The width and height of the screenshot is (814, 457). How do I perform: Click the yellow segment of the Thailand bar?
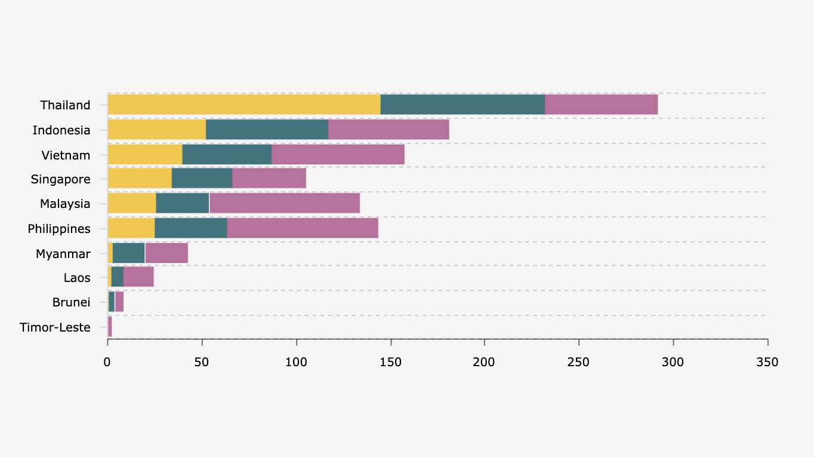pos(244,105)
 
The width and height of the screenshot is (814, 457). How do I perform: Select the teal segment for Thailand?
pos(462,105)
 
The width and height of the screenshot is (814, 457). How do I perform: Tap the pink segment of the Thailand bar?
pos(601,105)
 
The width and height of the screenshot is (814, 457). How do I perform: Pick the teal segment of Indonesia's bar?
pos(267,130)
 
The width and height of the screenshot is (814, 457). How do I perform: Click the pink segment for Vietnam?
pos(338,155)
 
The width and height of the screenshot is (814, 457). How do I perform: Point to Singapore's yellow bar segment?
pos(140,179)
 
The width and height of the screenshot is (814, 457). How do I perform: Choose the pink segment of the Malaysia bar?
pos(285,203)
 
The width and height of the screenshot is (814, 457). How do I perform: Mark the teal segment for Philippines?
pos(191,228)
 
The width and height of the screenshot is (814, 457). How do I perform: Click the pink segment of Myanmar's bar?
pos(166,253)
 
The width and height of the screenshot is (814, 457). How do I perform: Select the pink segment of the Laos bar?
pos(138,277)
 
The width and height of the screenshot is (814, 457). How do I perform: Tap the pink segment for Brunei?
pos(119,302)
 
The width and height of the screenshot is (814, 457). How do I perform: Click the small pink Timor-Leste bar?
pos(110,327)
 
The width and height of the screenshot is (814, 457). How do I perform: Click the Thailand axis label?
pos(65,105)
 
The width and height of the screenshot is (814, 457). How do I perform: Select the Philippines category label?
pos(59,229)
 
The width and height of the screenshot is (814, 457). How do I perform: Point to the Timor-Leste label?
pos(55,327)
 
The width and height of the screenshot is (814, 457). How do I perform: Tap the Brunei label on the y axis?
pos(71,302)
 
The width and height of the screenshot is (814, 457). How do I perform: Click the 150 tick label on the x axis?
pos(390,362)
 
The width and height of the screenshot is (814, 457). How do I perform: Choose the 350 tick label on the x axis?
pos(767,362)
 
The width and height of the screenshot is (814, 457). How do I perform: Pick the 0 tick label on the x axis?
pos(107,362)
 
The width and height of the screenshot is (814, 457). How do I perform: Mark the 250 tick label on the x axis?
pos(578,362)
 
